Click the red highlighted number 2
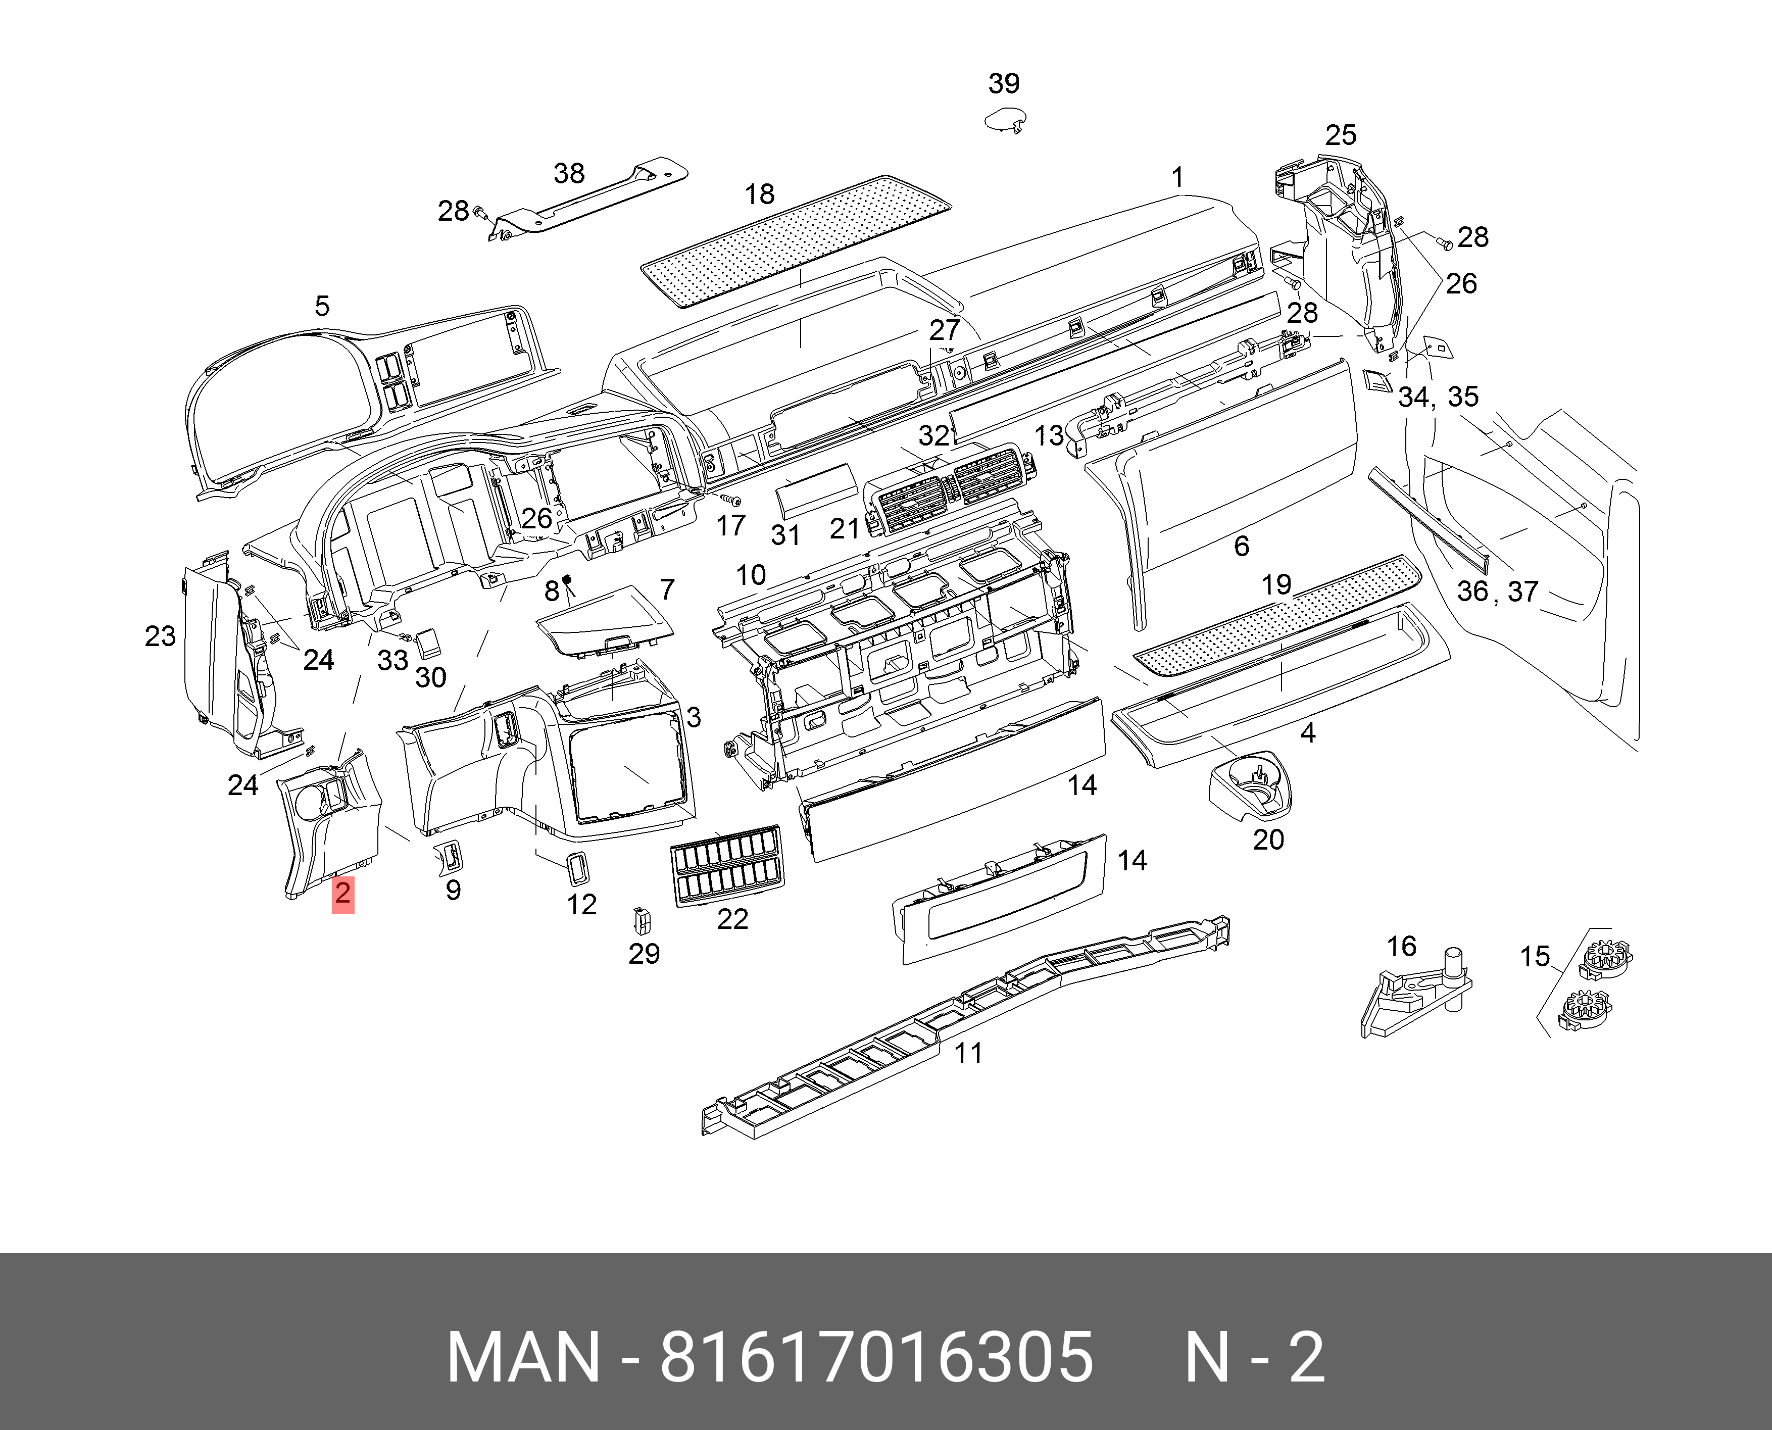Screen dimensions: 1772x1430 click(x=342, y=894)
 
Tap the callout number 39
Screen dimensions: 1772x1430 click(x=1003, y=83)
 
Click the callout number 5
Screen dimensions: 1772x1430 click(x=322, y=307)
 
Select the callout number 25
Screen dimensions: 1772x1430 click(x=1340, y=135)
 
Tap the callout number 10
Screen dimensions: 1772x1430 click(x=751, y=575)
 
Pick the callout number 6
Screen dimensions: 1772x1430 click(x=1242, y=546)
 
